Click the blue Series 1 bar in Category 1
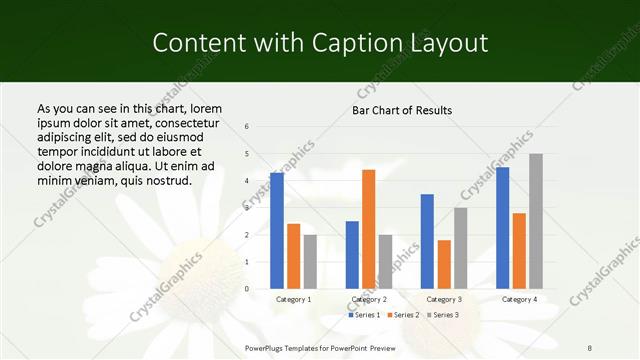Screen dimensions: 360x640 (277, 231)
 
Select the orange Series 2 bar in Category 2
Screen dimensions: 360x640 (368, 229)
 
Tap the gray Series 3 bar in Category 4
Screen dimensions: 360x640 (536, 221)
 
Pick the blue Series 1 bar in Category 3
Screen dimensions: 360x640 (427, 241)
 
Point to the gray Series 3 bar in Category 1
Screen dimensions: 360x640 (310, 262)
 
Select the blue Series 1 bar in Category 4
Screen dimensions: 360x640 (502, 228)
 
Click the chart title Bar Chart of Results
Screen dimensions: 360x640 (401, 110)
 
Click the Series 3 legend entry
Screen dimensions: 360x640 (443, 315)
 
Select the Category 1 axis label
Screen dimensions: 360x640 (293, 299)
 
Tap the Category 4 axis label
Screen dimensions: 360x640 (518, 299)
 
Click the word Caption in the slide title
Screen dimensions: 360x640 (360, 43)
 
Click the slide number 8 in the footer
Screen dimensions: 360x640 (590, 347)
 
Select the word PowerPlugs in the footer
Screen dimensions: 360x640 (267, 347)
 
